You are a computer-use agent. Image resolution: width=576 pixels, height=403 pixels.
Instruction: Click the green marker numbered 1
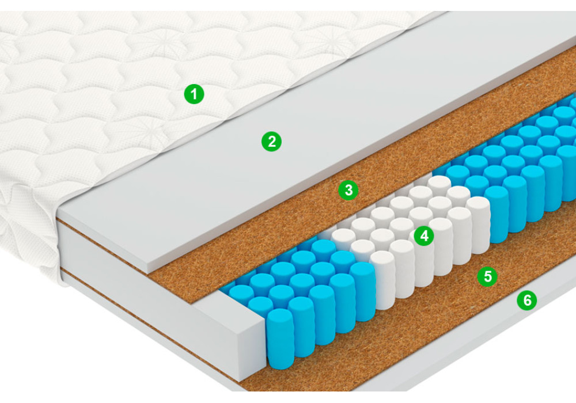(194, 94)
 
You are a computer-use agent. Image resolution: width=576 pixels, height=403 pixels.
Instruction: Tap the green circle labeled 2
(271, 141)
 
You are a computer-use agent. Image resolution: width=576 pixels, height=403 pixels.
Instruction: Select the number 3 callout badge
(348, 190)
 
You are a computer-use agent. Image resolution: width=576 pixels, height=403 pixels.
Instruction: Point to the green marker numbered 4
(424, 235)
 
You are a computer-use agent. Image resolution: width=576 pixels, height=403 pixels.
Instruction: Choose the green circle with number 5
(487, 276)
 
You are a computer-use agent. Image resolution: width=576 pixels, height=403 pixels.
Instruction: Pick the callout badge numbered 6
(527, 300)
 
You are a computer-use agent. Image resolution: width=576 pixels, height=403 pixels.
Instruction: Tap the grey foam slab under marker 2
(294, 147)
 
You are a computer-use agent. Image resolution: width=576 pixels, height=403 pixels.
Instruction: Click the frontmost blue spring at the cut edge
(281, 339)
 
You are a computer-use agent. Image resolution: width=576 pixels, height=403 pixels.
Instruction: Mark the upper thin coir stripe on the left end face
(103, 246)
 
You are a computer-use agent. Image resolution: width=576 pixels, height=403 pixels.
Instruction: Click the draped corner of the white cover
(29, 235)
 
